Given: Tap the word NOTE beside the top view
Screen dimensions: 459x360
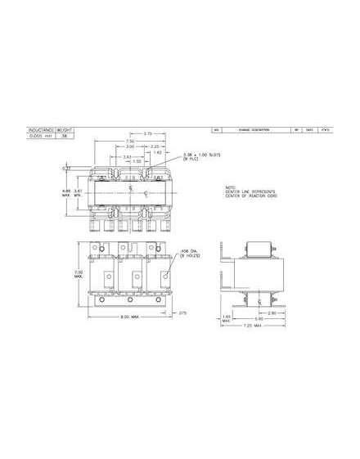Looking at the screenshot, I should [230, 186].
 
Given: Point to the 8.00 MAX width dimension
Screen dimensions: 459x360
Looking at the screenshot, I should [124, 317].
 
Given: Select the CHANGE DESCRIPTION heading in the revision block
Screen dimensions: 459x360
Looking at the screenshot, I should [250, 129].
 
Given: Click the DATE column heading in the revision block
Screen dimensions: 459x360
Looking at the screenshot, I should [309, 129].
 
